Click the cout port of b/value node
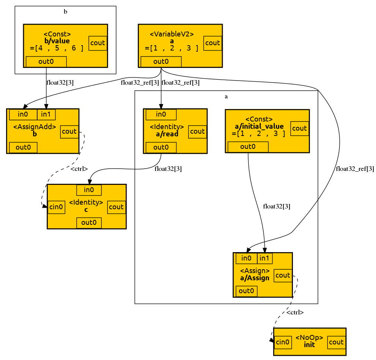(x=98, y=43)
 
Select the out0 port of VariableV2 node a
(x=161, y=61)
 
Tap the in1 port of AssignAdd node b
(x=46, y=114)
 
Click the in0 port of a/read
(x=161, y=114)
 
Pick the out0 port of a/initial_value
(x=248, y=147)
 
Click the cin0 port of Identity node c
(x=57, y=207)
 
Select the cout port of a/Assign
(x=283, y=275)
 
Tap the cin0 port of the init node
(x=283, y=342)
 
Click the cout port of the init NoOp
(x=336, y=342)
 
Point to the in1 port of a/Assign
(x=264, y=259)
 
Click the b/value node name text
(x=57, y=41)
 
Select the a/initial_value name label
(x=259, y=126)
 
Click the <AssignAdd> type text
(x=35, y=127)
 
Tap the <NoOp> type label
(x=309, y=338)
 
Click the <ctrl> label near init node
(x=295, y=313)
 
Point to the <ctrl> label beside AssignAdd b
(x=79, y=169)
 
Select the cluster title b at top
(x=65, y=12)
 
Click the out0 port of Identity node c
(x=89, y=223)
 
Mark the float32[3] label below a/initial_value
(x=277, y=207)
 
